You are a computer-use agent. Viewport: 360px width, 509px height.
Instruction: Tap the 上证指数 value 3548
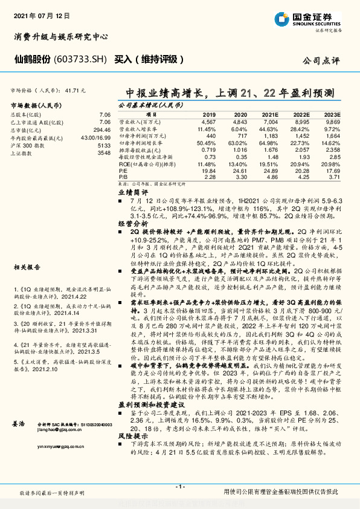tap(104, 154)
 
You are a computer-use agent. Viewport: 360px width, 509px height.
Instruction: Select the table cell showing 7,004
tap(270, 122)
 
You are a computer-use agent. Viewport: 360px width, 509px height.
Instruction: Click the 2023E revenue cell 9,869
tap(333, 122)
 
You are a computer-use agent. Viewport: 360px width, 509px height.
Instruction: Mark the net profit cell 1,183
tap(270, 136)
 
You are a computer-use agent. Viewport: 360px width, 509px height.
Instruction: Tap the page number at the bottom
tap(179, 487)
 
